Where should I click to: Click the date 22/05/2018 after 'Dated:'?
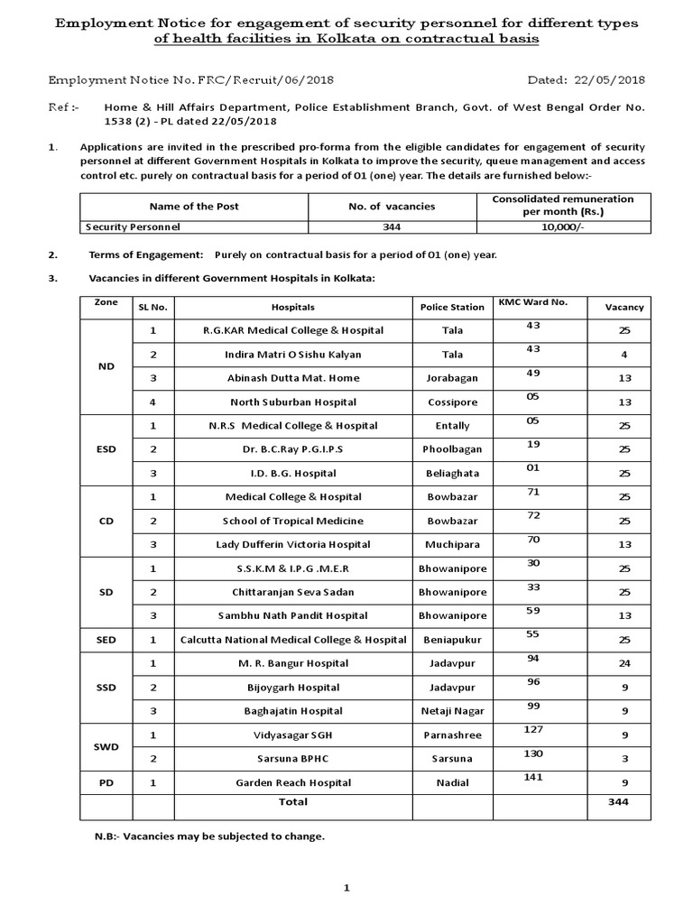[x=613, y=80]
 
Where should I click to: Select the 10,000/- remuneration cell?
[x=563, y=227]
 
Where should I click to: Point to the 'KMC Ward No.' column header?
[x=532, y=301]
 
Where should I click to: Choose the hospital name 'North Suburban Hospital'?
[x=292, y=402]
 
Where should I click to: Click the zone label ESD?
[x=106, y=448]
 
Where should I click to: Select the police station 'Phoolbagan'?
[x=452, y=448]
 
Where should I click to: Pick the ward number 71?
[x=532, y=491]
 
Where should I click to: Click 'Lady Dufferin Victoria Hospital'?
[x=292, y=544]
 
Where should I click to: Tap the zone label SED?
[x=106, y=640]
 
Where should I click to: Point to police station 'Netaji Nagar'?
[x=452, y=711]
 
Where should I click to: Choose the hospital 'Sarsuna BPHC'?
[x=292, y=759]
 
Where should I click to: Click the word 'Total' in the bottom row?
[x=292, y=801]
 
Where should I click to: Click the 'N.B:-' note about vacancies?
[x=209, y=836]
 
